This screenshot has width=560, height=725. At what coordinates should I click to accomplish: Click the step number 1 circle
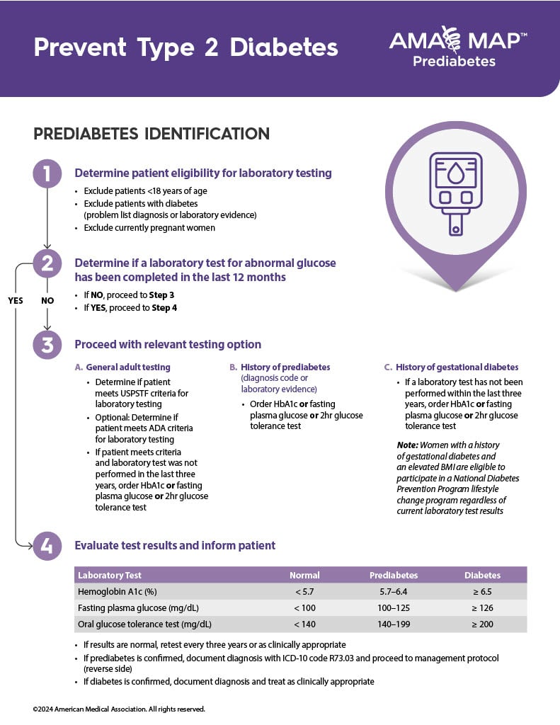tap(47, 173)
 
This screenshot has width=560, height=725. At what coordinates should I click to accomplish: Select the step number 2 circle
tap(47, 263)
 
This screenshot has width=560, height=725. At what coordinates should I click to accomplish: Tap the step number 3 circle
tap(47, 345)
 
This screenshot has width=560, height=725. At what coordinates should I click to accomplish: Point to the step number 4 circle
tap(47, 546)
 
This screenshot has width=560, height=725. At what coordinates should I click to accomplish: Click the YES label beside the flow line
tap(16, 300)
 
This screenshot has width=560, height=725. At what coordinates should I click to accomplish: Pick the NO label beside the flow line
tap(47, 300)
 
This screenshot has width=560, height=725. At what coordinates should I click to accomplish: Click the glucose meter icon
tap(456, 192)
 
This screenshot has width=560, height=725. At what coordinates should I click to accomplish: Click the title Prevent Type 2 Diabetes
tap(185, 47)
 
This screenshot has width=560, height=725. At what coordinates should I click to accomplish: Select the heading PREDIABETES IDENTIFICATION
tap(152, 134)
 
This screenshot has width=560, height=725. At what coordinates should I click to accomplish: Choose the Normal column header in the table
tap(304, 575)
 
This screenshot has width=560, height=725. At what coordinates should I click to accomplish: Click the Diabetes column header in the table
tap(482, 575)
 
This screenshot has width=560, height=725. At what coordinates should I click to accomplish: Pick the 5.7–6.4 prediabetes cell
tap(394, 592)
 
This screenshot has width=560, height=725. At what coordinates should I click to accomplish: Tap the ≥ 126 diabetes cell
tap(482, 608)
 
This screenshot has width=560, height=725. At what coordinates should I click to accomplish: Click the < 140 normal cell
tap(304, 624)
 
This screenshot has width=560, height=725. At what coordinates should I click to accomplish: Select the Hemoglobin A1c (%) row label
tap(118, 592)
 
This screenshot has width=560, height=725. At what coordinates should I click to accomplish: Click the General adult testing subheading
tap(127, 367)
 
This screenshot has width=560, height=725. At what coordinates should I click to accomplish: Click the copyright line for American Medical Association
tap(119, 709)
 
